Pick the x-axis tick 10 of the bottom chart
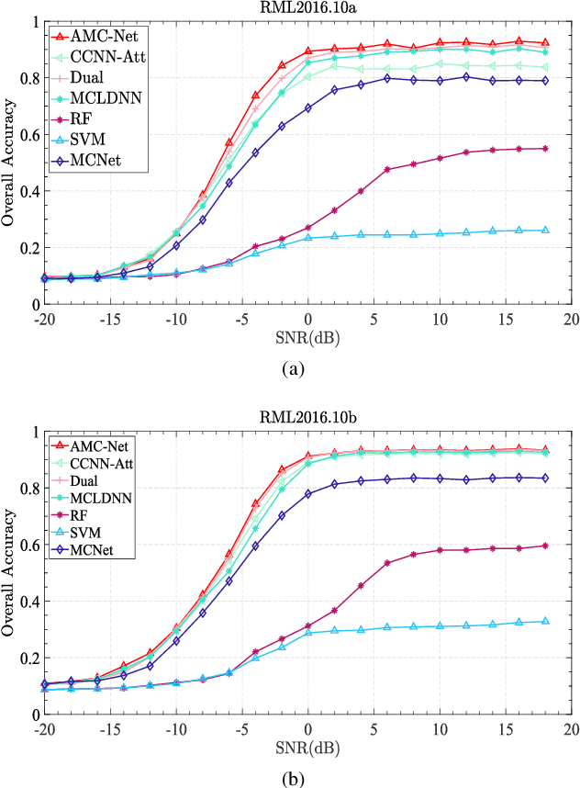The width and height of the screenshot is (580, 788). click(440, 728)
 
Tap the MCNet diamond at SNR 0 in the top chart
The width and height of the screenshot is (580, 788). click(308, 107)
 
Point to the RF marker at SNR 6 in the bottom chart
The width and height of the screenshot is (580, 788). click(387, 563)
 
